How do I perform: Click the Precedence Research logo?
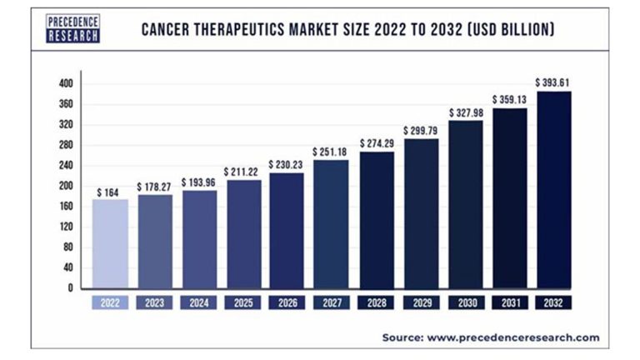tap(72, 30)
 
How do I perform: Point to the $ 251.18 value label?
tap(332, 152)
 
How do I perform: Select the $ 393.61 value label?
tap(554, 82)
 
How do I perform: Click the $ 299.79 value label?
tap(421, 131)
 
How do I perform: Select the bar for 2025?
tap(243, 233)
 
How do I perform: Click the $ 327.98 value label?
tap(465, 112)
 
